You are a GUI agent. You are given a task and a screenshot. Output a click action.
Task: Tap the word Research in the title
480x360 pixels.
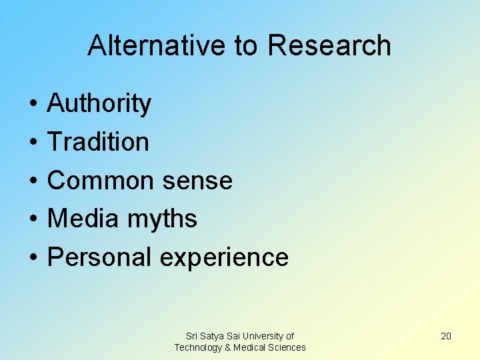[329, 45]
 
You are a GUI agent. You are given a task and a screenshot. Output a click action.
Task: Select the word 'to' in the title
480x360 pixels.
[246, 45]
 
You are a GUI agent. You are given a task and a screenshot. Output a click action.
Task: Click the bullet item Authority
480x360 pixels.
[99, 104]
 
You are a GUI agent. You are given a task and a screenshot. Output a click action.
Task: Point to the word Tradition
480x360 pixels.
[98, 142]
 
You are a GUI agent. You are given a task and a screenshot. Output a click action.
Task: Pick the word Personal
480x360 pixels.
[100, 257]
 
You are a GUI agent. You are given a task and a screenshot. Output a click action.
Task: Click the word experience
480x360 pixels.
[224, 257]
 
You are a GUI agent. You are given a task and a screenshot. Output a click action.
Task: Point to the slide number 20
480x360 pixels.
[446, 336]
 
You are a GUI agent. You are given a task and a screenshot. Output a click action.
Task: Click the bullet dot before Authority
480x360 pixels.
[33, 105]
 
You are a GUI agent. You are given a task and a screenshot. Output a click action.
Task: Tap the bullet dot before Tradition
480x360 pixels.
[33, 143]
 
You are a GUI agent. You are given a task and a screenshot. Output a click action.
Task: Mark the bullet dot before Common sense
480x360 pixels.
[33, 181]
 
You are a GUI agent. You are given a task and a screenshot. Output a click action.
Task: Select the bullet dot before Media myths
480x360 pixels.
[33, 219]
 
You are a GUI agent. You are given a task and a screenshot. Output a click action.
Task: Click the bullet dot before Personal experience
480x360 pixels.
[33, 257]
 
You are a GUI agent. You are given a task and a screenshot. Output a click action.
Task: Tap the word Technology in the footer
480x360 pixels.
[199, 347]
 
